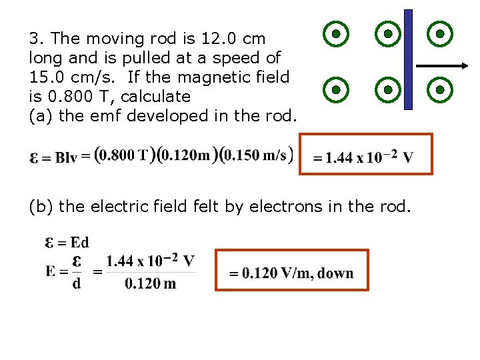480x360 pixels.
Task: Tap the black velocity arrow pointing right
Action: (x=442, y=65)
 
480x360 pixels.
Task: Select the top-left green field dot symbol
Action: (x=337, y=33)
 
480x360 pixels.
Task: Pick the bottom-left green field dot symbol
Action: (x=337, y=88)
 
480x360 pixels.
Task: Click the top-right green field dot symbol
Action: (x=440, y=33)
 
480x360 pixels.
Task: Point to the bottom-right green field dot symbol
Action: (x=440, y=88)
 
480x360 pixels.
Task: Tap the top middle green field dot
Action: (x=387, y=33)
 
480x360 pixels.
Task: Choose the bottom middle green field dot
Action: (x=387, y=88)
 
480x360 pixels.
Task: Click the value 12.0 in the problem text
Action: (x=217, y=39)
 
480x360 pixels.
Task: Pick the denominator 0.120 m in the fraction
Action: (x=151, y=283)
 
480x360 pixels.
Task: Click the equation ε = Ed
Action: (x=67, y=242)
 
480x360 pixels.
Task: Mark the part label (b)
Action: (x=41, y=207)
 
